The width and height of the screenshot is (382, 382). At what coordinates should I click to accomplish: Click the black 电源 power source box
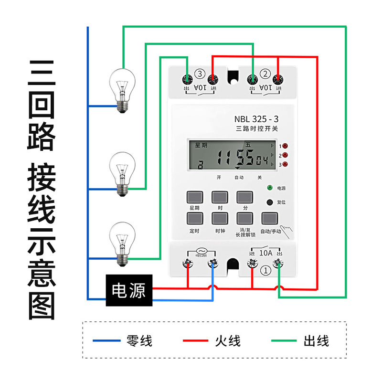coord(128,290)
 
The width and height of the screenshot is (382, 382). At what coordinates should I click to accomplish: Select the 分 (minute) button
coord(245,197)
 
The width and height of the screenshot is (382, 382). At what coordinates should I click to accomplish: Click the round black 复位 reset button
coord(270,202)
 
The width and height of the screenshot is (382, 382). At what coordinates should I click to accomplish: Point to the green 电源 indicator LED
coord(270,188)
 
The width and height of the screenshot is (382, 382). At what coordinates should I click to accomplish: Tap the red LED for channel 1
coord(285,146)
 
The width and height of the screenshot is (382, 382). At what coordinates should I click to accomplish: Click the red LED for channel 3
coord(285,165)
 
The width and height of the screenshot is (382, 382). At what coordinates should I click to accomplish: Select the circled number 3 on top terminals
coord(200,74)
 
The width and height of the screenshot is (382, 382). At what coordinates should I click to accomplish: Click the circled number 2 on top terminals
coord(265,74)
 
